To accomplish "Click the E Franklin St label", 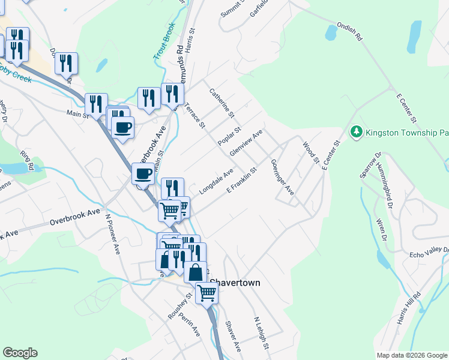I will coord(241,180).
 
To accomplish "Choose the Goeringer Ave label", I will coord(282,177).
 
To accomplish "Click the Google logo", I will coord(20,353).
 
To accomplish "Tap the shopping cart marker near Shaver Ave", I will coord(206,293).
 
